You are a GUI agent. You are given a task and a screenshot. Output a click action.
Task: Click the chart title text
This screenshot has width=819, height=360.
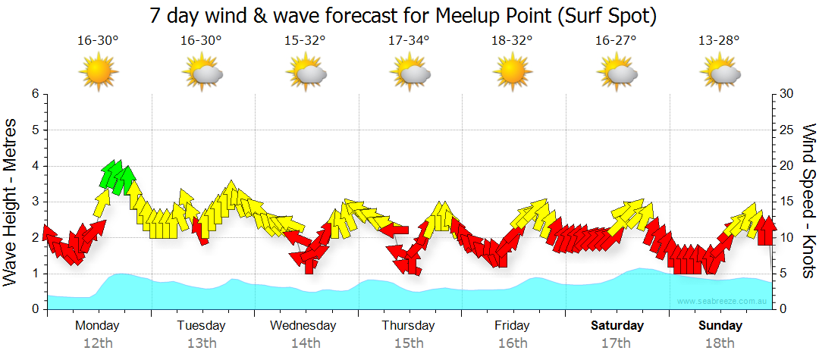tap(403, 14)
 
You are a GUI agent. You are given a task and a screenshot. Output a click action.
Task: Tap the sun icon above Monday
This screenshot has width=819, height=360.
tap(98, 73)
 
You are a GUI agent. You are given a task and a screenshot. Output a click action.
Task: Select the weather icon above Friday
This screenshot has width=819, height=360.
tap(512, 73)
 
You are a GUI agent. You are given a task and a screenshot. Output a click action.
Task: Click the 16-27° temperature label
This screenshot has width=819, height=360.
tap(616, 41)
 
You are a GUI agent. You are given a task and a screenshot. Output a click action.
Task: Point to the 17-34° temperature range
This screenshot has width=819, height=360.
tap(409, 41)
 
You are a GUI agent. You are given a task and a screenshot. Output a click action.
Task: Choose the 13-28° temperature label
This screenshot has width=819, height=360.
tap(719, 41)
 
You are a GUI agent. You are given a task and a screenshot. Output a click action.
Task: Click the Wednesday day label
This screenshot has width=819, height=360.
tap(303, 326)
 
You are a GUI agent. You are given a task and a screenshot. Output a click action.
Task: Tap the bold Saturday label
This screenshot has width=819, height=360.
tap(617, 326)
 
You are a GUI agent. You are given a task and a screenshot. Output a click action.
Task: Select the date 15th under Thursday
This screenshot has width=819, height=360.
tap(409, 343)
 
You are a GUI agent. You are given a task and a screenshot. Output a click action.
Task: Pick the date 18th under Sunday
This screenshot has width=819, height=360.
tap(720, 343)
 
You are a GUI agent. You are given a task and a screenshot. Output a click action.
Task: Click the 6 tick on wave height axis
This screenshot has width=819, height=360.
tap(34, 94)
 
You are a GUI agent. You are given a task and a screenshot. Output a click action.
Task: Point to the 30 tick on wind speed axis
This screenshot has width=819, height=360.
tap(786, 94)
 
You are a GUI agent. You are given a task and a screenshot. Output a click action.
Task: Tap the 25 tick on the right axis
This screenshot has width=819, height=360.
tap(786, 130)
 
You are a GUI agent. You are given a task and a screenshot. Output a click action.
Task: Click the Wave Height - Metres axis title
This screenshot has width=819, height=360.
tap(11, 201)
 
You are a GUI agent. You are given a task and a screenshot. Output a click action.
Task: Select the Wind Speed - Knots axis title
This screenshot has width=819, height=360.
tap(808, 201)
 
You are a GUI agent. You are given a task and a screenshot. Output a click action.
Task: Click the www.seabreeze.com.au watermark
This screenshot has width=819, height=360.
tap(723, 302)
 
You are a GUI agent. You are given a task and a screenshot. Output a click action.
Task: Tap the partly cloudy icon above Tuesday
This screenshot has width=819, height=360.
tap(202, 73)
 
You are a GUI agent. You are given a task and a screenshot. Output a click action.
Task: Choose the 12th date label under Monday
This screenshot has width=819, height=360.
tap(98, 343)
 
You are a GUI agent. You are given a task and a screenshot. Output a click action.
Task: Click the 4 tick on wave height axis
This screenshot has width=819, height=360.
tap(34, 166)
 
